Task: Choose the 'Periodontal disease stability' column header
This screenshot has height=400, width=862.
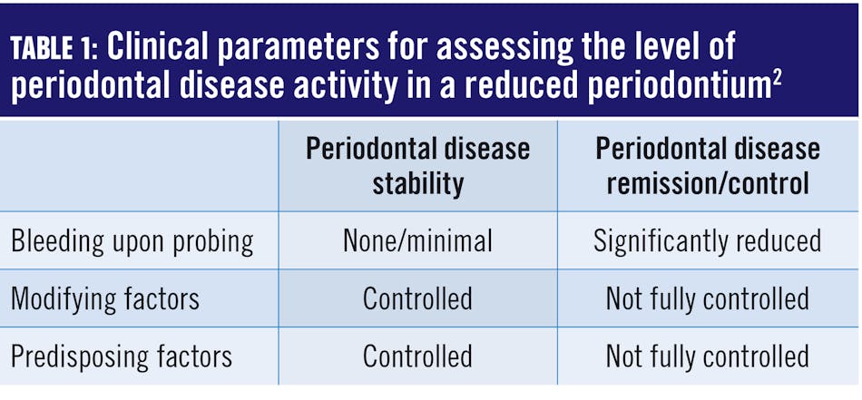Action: (x=417, y=166)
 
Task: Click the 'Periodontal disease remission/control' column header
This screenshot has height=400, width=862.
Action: (x=707, y=166)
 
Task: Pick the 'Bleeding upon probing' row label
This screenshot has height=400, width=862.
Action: (x=132, y=241)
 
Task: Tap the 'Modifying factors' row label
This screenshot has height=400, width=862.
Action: (x=105, y=298)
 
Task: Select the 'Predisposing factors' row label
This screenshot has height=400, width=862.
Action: (x=122, y=356)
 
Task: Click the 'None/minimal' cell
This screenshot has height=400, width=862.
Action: (x=417, y=240)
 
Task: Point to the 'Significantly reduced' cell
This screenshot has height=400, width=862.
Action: (x=707, y=240)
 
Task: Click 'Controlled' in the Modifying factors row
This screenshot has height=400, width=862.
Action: (x=417, y=298)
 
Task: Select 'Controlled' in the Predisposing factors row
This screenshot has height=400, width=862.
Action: (x=417, y=356)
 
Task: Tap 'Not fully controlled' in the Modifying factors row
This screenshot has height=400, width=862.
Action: (x=707, y=298)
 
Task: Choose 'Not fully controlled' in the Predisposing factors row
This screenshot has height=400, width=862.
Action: (x=707, y=356)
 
